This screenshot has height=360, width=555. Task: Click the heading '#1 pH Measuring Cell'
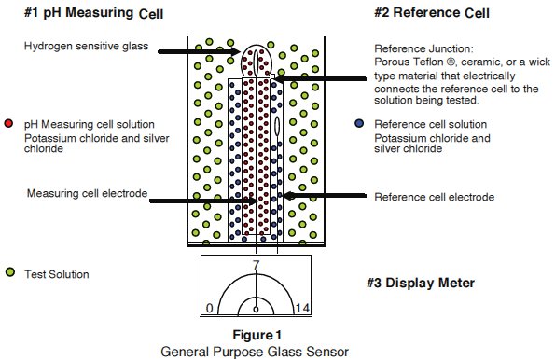click(94, 13)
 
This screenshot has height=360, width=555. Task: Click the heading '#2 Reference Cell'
click(432, 13)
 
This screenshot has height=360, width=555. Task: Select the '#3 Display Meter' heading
click(421, 283)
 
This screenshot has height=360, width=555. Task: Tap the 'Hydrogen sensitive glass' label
click(86, 46)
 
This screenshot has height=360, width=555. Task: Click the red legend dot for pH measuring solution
click(8, 123)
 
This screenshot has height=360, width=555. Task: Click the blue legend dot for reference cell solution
click(359, 123)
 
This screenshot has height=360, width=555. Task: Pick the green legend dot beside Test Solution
click(10, 272)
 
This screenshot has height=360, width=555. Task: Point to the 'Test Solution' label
click(57, 274)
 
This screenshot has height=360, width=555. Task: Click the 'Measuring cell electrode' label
click(87, 193)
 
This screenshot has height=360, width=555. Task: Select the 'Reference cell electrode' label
click(435, 197)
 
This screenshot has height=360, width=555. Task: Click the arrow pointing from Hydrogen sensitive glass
click(199, 51)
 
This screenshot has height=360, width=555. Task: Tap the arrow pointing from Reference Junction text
click(320, 79)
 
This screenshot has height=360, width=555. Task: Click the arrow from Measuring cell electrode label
click(203, 201)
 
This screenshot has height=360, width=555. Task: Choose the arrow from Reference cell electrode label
click(325, 196)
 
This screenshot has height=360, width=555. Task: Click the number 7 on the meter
click(256, 265)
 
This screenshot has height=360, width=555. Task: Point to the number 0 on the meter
click(209, 308)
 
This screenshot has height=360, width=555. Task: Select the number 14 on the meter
click(302, 308)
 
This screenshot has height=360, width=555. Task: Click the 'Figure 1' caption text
click(257, 335)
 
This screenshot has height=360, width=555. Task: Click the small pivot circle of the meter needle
click(256, 310)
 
